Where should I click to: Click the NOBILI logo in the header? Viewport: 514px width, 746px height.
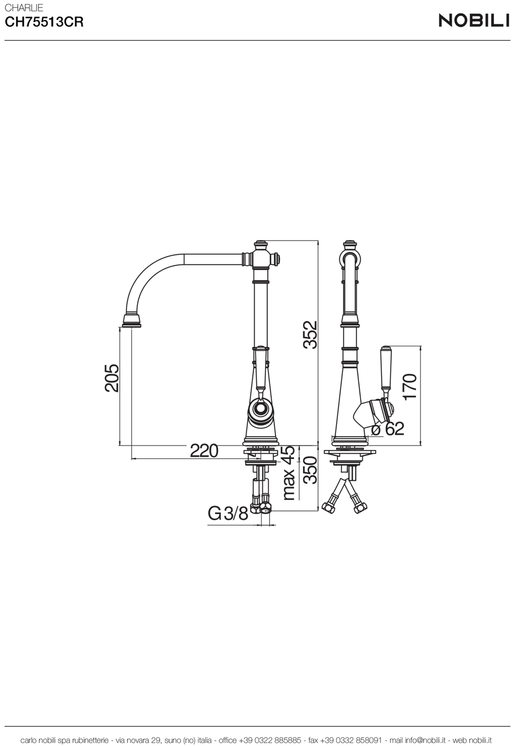click(474, 20)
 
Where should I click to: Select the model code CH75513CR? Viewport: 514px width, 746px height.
click(44, 23)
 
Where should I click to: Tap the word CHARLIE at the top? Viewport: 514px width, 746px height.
click(24, 7)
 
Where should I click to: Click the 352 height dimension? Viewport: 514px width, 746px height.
click(310, 335)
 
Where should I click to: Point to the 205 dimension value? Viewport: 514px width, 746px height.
click(112, 378)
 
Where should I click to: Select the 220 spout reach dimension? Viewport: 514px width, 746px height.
click(204, 450)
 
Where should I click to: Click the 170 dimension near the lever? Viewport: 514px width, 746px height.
click(410, 387)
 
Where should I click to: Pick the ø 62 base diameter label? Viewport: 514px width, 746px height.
click(388, 429)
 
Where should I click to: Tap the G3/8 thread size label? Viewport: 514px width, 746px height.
click(228, 514)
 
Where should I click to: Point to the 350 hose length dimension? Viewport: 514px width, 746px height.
click(310, 471)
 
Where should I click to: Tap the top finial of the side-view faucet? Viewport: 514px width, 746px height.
click(351, 244)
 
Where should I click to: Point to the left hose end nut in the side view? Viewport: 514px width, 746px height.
click(328, 508)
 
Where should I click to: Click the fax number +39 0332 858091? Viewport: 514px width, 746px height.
click(351, 740)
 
